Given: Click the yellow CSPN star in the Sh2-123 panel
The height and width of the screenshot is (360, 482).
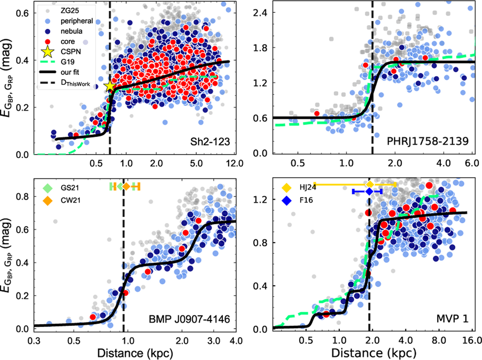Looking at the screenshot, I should pyautogui.click(x=109, y=86).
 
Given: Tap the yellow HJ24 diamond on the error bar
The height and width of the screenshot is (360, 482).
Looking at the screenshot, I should pyautogui.click(x=370, y=184).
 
